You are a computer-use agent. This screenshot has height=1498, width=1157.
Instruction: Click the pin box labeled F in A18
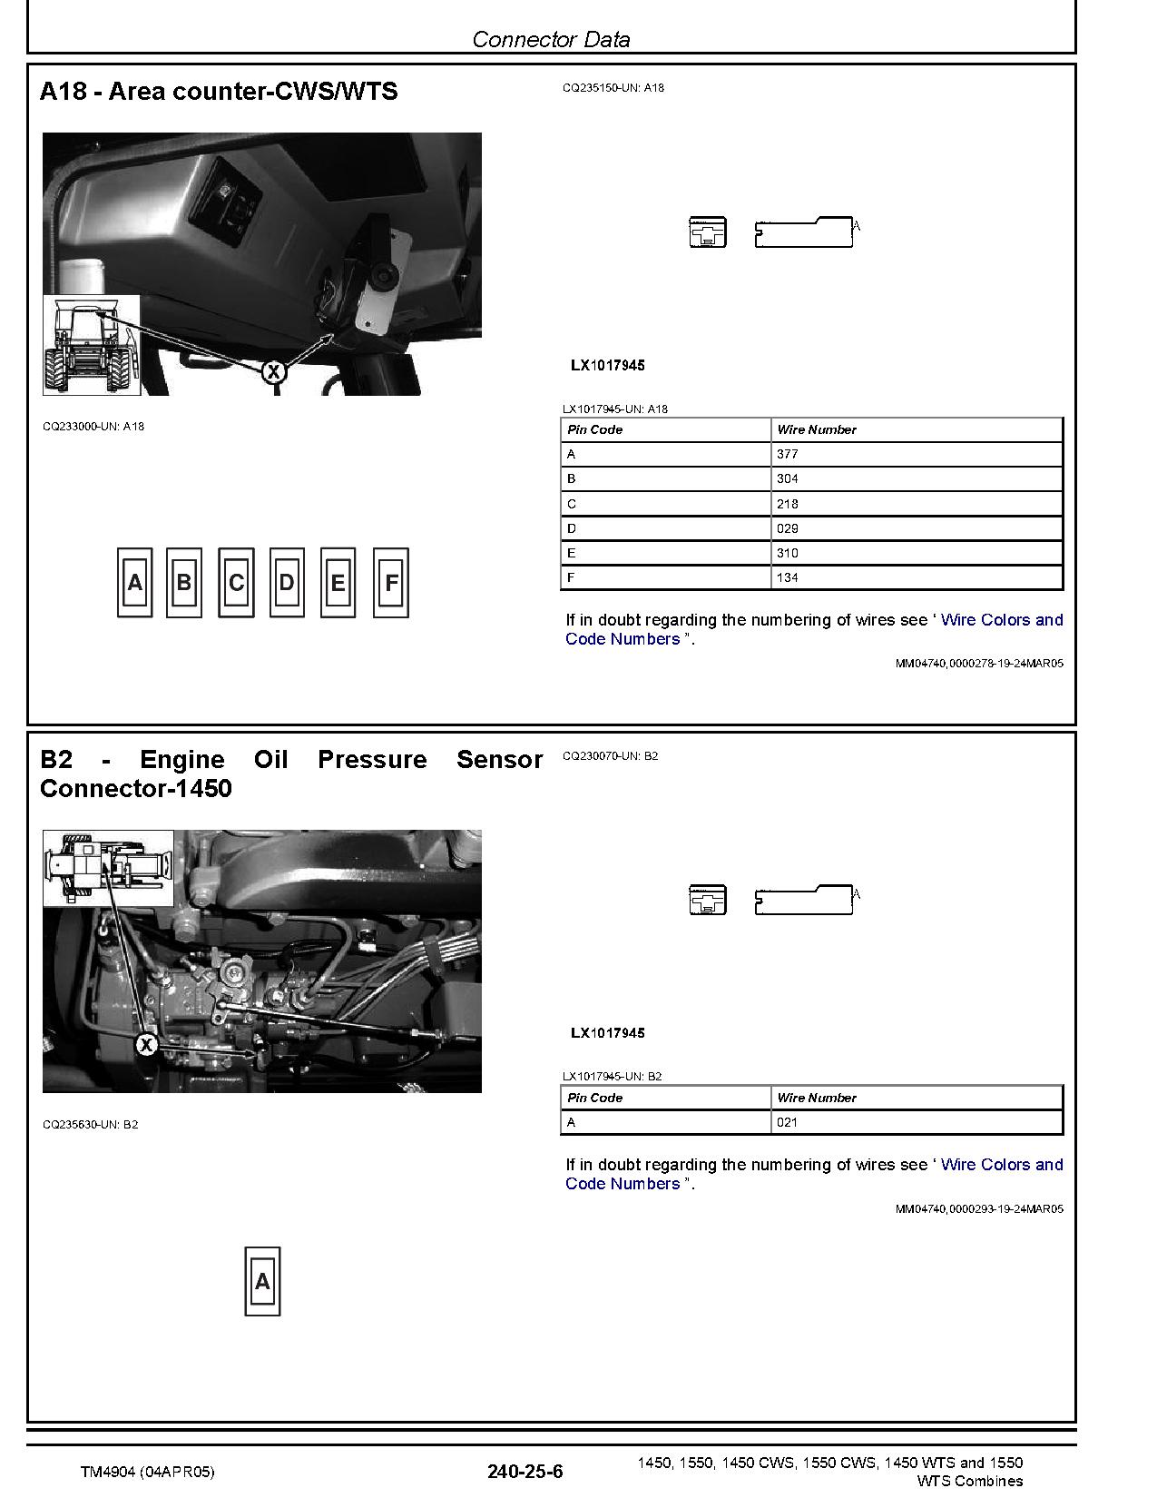pos(391,583)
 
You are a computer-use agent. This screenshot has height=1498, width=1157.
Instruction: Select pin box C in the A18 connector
pos(236,583)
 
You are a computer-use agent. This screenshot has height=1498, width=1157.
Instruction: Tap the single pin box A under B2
pos(262,1281)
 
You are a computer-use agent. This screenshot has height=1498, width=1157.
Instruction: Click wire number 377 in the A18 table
pos(788,454)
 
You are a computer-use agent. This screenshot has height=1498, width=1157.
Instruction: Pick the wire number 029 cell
pos(788,528)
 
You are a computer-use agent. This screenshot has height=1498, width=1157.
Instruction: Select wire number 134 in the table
pos(788,577)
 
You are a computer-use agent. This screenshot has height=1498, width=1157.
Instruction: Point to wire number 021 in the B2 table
pos(788,1122)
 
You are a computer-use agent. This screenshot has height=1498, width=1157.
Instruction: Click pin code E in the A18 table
pos(572,553)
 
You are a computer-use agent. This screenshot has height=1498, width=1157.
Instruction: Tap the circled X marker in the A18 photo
pos(273,370)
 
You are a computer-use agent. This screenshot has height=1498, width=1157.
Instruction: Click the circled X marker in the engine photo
pos(146,1045)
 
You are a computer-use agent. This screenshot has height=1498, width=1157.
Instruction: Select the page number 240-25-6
pos(525,1472)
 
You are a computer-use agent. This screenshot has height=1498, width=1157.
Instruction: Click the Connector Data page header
pos(551,39)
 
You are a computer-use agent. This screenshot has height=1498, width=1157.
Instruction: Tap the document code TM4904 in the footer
pos(148,1473)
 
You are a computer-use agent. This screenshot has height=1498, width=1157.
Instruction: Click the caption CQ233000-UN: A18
pos(93,427)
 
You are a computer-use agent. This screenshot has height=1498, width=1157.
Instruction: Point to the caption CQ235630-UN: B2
pos(91,1125)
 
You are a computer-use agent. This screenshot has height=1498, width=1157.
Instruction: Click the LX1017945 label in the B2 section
pos(608,1033)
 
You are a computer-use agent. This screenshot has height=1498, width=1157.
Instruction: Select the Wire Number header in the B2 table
pos(817,1098)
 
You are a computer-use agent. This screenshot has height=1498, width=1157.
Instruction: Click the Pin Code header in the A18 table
pos(595,429)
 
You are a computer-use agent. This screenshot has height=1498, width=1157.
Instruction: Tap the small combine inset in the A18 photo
pos(91,345)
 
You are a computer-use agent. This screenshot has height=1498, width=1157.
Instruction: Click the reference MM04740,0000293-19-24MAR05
pos(979,1209)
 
